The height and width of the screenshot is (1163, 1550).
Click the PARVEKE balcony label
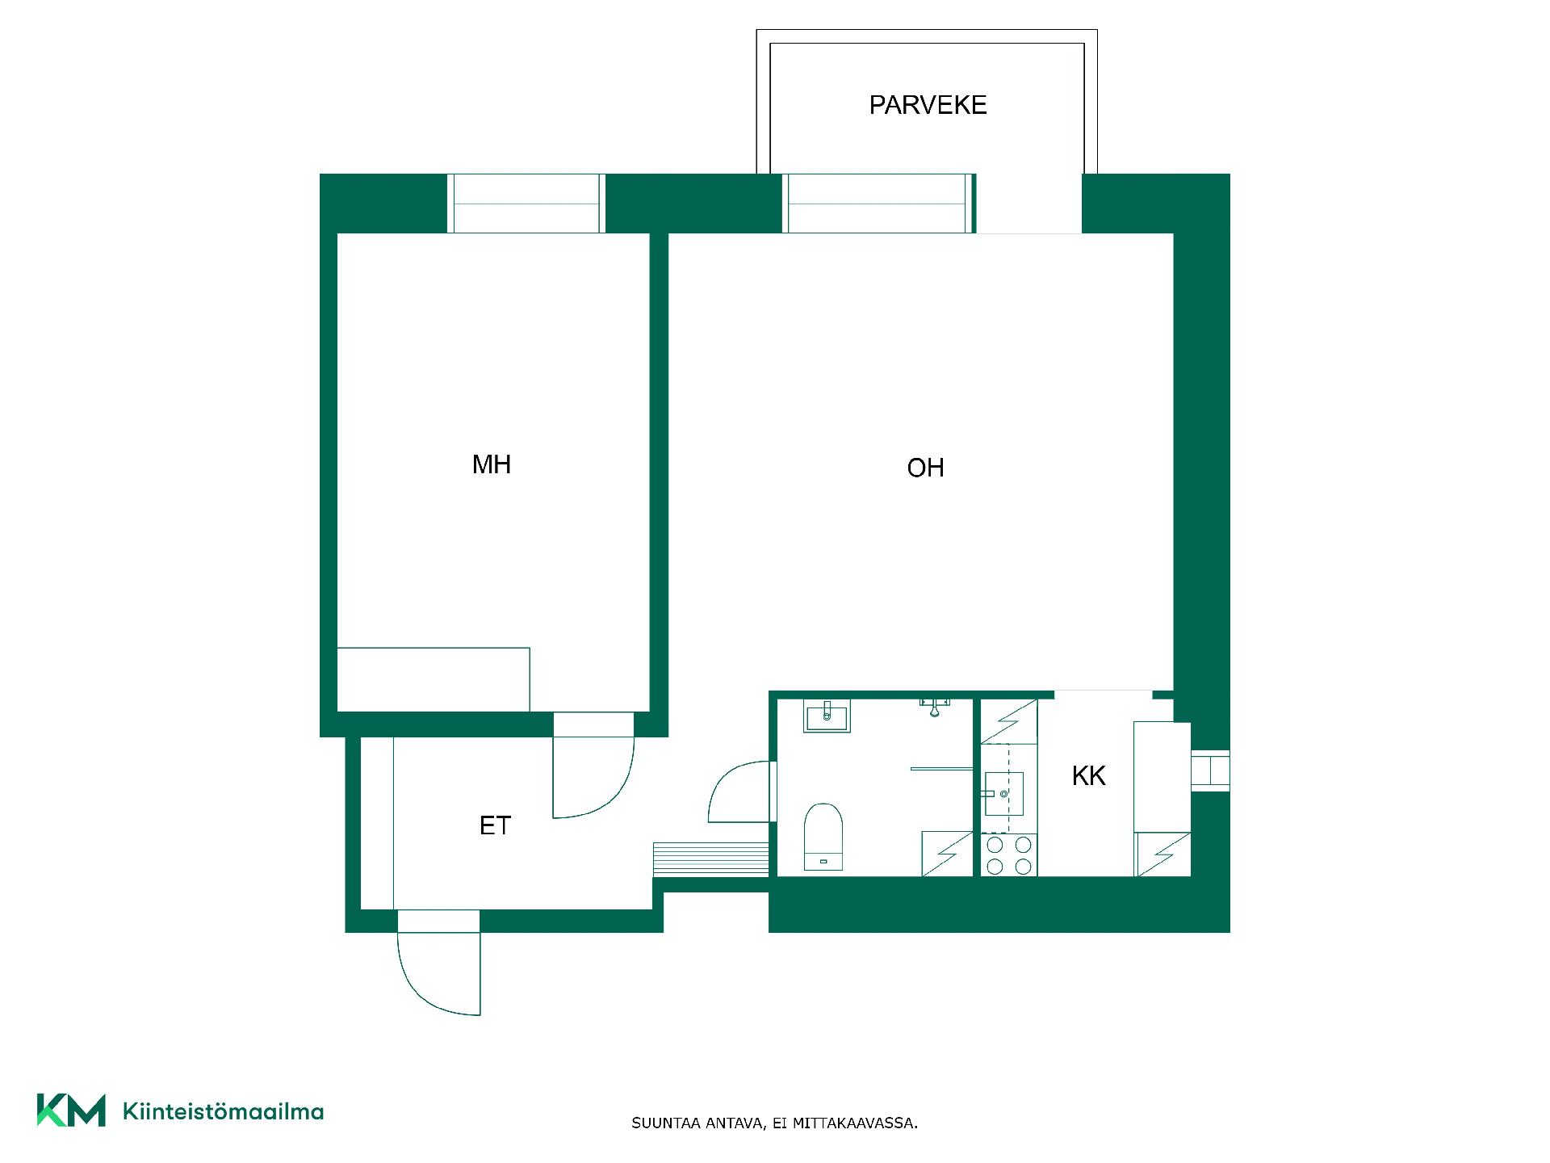[928, 105]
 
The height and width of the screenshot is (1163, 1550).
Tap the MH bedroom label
[492, 464]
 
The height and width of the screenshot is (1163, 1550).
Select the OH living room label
[925, 468]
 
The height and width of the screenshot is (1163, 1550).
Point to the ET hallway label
[495, 825]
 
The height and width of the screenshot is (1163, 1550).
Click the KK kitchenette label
[1088, 776]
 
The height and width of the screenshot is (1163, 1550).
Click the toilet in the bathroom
[823, 837]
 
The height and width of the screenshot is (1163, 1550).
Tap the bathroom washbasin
[827, 716]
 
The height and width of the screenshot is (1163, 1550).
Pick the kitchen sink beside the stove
[1003, 793]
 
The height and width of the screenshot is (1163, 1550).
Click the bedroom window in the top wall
[526, 204]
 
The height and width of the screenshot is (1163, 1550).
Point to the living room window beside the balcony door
[879, 204]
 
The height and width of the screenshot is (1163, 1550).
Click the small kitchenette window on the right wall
[1210, 770]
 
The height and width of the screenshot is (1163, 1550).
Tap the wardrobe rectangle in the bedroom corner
[434, 679]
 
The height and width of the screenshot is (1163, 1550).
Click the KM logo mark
[71, 1111]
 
